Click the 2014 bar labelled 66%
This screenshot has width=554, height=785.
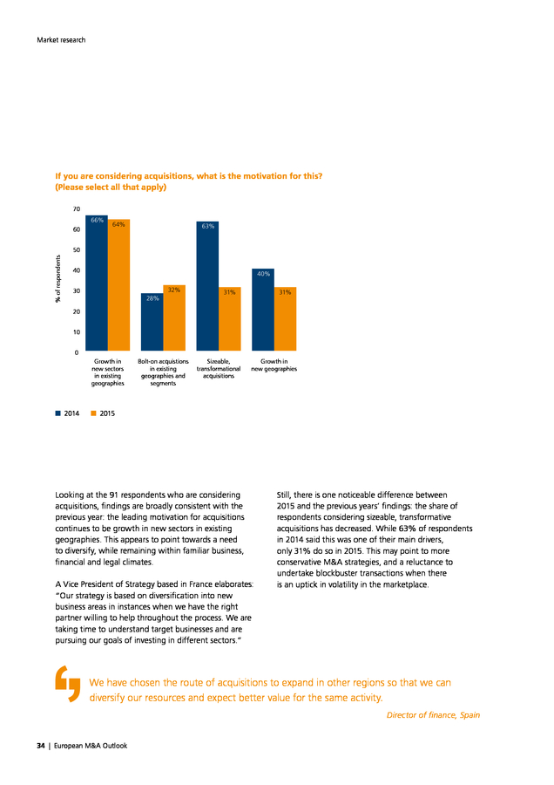97,283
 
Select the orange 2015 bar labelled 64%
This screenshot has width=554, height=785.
119,285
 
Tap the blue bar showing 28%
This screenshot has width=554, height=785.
152,322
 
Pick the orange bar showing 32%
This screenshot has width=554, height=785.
174,317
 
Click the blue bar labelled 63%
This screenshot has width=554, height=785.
207,286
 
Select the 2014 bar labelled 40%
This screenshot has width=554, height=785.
263,310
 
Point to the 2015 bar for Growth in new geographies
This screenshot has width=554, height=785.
286,319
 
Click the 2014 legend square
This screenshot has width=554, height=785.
58,413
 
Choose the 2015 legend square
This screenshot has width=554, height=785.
93,413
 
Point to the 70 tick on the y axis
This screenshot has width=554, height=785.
77,208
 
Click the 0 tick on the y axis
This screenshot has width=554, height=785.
77,352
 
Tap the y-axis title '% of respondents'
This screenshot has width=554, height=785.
58,279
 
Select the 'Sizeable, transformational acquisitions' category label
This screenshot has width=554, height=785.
219,368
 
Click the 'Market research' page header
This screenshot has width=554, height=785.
61,40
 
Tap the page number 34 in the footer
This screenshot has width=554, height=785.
40,746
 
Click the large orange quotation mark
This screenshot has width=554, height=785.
67,683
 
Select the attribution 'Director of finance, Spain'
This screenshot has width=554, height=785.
433,715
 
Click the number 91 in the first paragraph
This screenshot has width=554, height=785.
113,495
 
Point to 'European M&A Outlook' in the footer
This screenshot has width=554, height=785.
91,746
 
